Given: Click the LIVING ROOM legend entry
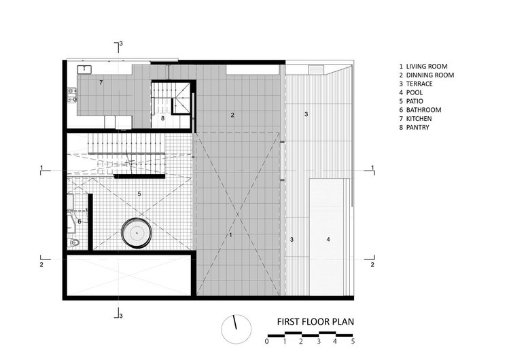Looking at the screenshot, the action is (423, 67).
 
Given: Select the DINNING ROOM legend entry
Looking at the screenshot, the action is (427, 75).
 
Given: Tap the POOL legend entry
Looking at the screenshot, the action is (411, 93).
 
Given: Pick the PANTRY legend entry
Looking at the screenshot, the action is (415, 128).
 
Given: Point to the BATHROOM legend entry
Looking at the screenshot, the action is (420, 110).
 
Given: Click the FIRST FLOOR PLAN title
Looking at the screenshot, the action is (315, 322).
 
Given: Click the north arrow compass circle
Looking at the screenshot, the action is (236, 329).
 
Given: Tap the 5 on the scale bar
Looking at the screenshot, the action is (353, 342).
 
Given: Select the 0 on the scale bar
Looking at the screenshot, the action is (267, 342).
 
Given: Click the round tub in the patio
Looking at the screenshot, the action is (137, 233).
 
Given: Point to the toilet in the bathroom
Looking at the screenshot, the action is (73, 242).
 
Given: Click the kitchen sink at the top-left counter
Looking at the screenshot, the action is (84, 69).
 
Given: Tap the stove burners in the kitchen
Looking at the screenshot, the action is (72, 95).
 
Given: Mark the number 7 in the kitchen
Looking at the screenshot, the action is (101, 82).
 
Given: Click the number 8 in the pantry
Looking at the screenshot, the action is (162, 118).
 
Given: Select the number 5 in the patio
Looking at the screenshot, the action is (139, 194).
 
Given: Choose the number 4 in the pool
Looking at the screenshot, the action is (328, 239).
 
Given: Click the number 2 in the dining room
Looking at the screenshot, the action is (232, 115).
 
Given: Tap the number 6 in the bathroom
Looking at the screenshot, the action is (80, 222).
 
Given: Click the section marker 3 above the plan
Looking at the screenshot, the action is (121, 43).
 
